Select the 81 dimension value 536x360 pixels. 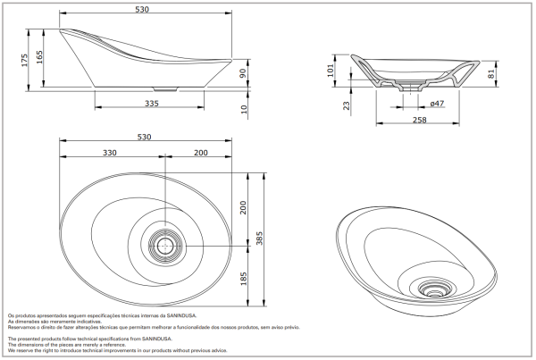pos(490,74)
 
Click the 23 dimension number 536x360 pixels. pos(346,105)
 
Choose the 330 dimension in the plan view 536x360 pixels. pos(110,153)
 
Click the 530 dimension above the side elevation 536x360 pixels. pos(147,10)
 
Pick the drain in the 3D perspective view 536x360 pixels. pos(437,289)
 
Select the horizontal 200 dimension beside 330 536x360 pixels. pos(202,153)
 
